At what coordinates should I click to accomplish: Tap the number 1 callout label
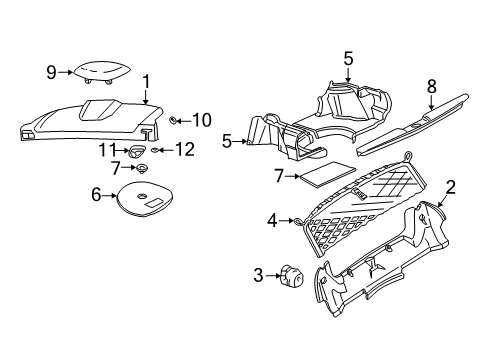pyautogui.click(x=146, y=82)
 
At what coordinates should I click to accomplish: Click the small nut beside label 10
pyautogui.click(x=172, y=120)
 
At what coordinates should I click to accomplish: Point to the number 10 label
pyautogui.click(x=201, y=120)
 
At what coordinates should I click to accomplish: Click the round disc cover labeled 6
pyautogui.click(x=144, y=199)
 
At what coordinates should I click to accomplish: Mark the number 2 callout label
pyautogui.click(x=450, y=186)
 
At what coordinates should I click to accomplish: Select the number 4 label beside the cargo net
pyautogui.click(x=272, y=220)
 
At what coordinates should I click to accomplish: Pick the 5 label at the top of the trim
pyautogui.click(x=349, y=58)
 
